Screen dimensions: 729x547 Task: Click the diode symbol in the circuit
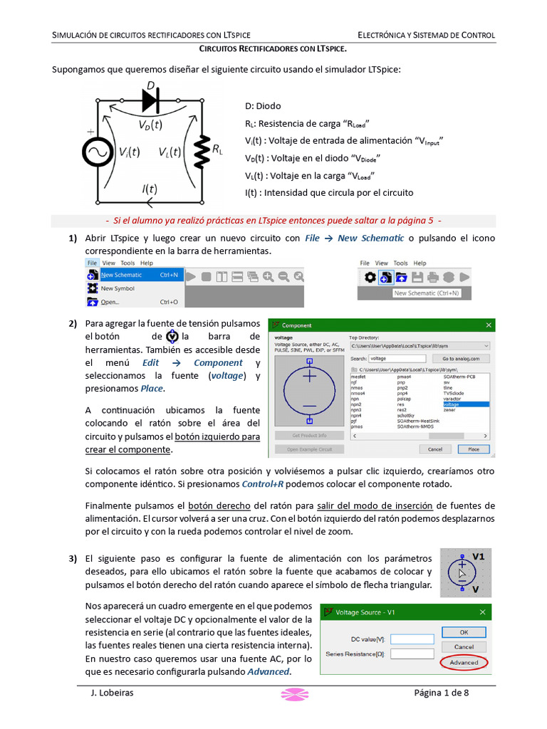pos(150,102)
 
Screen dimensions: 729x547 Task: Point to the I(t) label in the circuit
pos(148,189)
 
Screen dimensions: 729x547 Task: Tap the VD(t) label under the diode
pos(150,124)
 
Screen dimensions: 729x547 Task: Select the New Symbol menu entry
pos(118,288)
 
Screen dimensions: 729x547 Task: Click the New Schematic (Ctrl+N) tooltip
pos(427,293)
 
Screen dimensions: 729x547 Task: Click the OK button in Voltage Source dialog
pos(464,632)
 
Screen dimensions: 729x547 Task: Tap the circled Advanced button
pos(464,662)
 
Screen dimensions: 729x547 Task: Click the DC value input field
pos(412,639)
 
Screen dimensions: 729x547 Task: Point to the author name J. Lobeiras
pos(113,693)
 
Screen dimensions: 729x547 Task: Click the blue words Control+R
pos(265,484)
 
